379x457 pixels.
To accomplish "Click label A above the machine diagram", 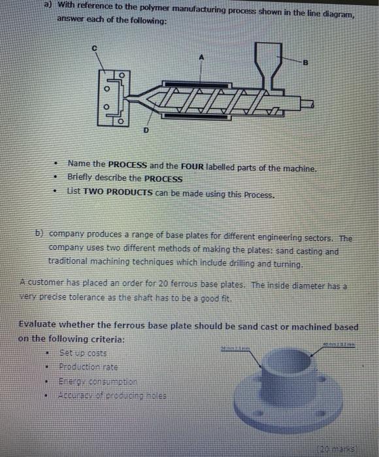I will pyautogui.click(x=202, y=57).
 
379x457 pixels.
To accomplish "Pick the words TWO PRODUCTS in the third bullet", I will pyautogui.click(x=116, y=195).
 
